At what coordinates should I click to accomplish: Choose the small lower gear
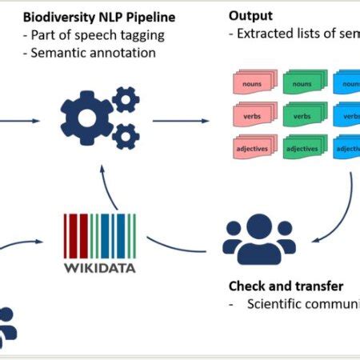click(x=125, y=137)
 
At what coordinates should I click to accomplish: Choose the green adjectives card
click(x=301, y=148)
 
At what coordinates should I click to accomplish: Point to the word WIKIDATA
click(x=99, y=267)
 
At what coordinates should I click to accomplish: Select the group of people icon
click(x=258, y=239)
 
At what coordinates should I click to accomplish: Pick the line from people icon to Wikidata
click(x=176, y=248)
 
